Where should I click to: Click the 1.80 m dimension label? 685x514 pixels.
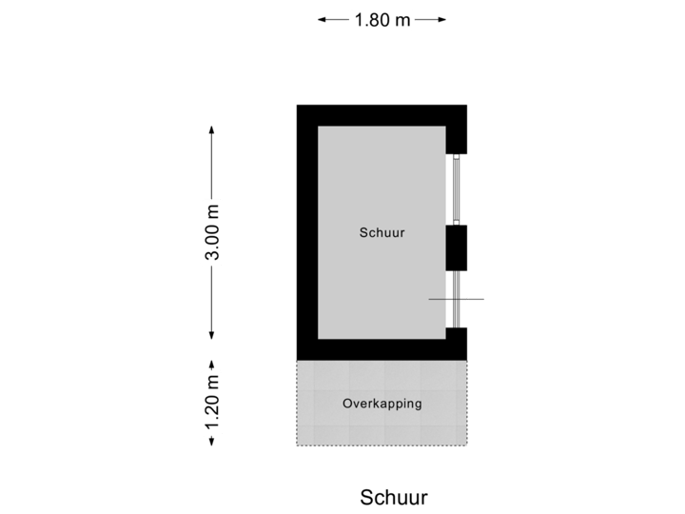(x=382, y=19)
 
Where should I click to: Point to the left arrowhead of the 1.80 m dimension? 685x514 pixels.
(x=322, y=19)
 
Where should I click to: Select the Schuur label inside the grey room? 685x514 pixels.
(x=382, y=231)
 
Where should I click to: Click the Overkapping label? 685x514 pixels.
(x=382, y=404)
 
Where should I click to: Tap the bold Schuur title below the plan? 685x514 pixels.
(x=394, y=496)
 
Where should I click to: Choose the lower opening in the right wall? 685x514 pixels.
(x=457, y=299)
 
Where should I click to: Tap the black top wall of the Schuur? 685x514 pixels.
(x=382, y=114)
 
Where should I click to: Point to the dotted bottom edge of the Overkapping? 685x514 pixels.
(x=382, y=445)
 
